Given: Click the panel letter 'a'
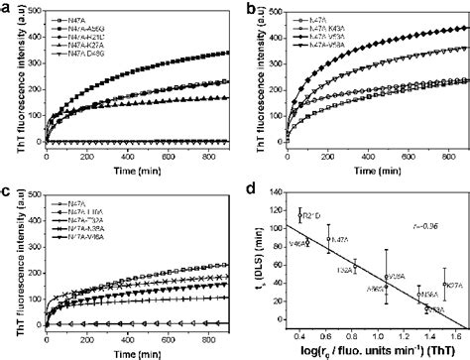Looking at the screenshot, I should [7, 7].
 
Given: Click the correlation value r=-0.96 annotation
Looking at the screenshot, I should [424, 228].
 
